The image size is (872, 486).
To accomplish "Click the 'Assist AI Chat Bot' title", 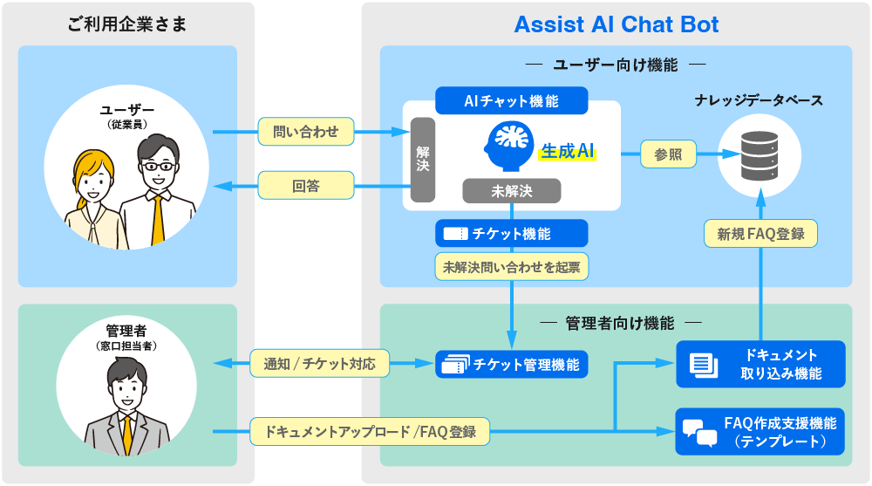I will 617,24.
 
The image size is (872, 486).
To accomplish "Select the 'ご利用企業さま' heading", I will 127,24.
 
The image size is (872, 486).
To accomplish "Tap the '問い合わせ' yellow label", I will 305,133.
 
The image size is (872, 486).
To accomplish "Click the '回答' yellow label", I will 305,185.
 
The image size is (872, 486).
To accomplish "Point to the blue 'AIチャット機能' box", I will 511,101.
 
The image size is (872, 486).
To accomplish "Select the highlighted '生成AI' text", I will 568,151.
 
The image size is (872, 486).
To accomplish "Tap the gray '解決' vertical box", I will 423,160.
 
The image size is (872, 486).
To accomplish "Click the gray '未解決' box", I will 512,191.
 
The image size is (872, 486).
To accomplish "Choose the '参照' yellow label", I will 668,154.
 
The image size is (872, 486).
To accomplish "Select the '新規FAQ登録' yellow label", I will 760,234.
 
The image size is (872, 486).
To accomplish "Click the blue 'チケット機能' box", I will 511,234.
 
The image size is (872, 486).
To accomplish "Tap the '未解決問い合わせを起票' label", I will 512,267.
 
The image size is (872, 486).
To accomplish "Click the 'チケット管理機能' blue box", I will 511,365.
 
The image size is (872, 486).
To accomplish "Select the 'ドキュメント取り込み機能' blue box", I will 760,365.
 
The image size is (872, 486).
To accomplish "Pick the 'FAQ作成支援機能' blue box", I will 760,432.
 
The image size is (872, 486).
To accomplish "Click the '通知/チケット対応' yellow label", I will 320,364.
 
